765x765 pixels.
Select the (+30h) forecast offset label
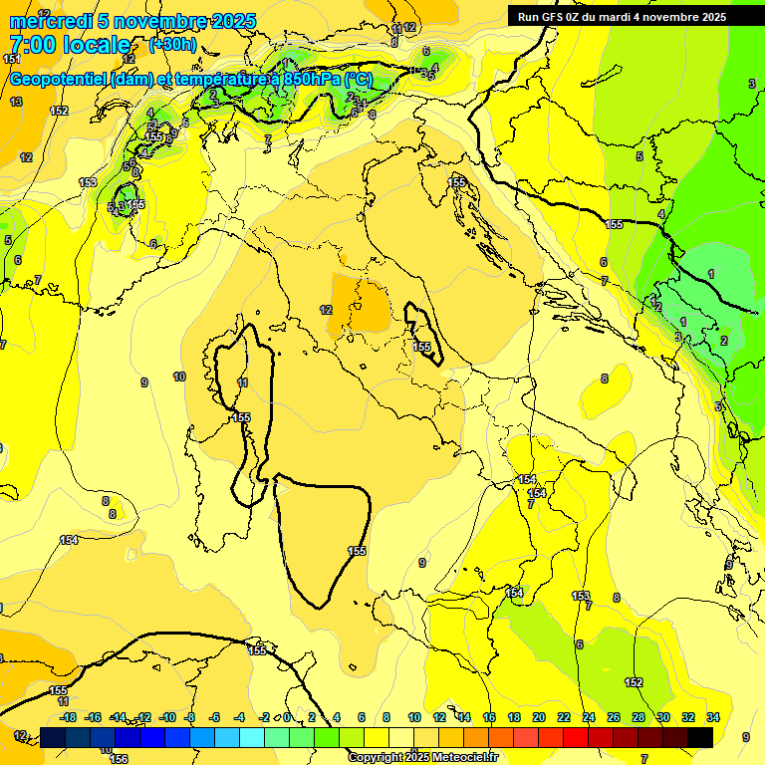click(172, 45)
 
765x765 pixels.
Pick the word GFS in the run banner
click(552, 17)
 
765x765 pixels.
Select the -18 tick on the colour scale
click(68, 717)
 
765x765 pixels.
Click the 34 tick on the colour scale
click(713, 717)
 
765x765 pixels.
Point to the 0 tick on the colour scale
click(287, 717)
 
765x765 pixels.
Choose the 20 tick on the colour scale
click(539, 717)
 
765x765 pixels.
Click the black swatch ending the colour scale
click(700, 737)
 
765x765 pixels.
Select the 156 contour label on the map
click(119, 759)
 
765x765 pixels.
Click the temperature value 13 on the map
click(16, 102)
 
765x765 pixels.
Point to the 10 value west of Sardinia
click(179, 377)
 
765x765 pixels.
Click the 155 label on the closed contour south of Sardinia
click(357, 551)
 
